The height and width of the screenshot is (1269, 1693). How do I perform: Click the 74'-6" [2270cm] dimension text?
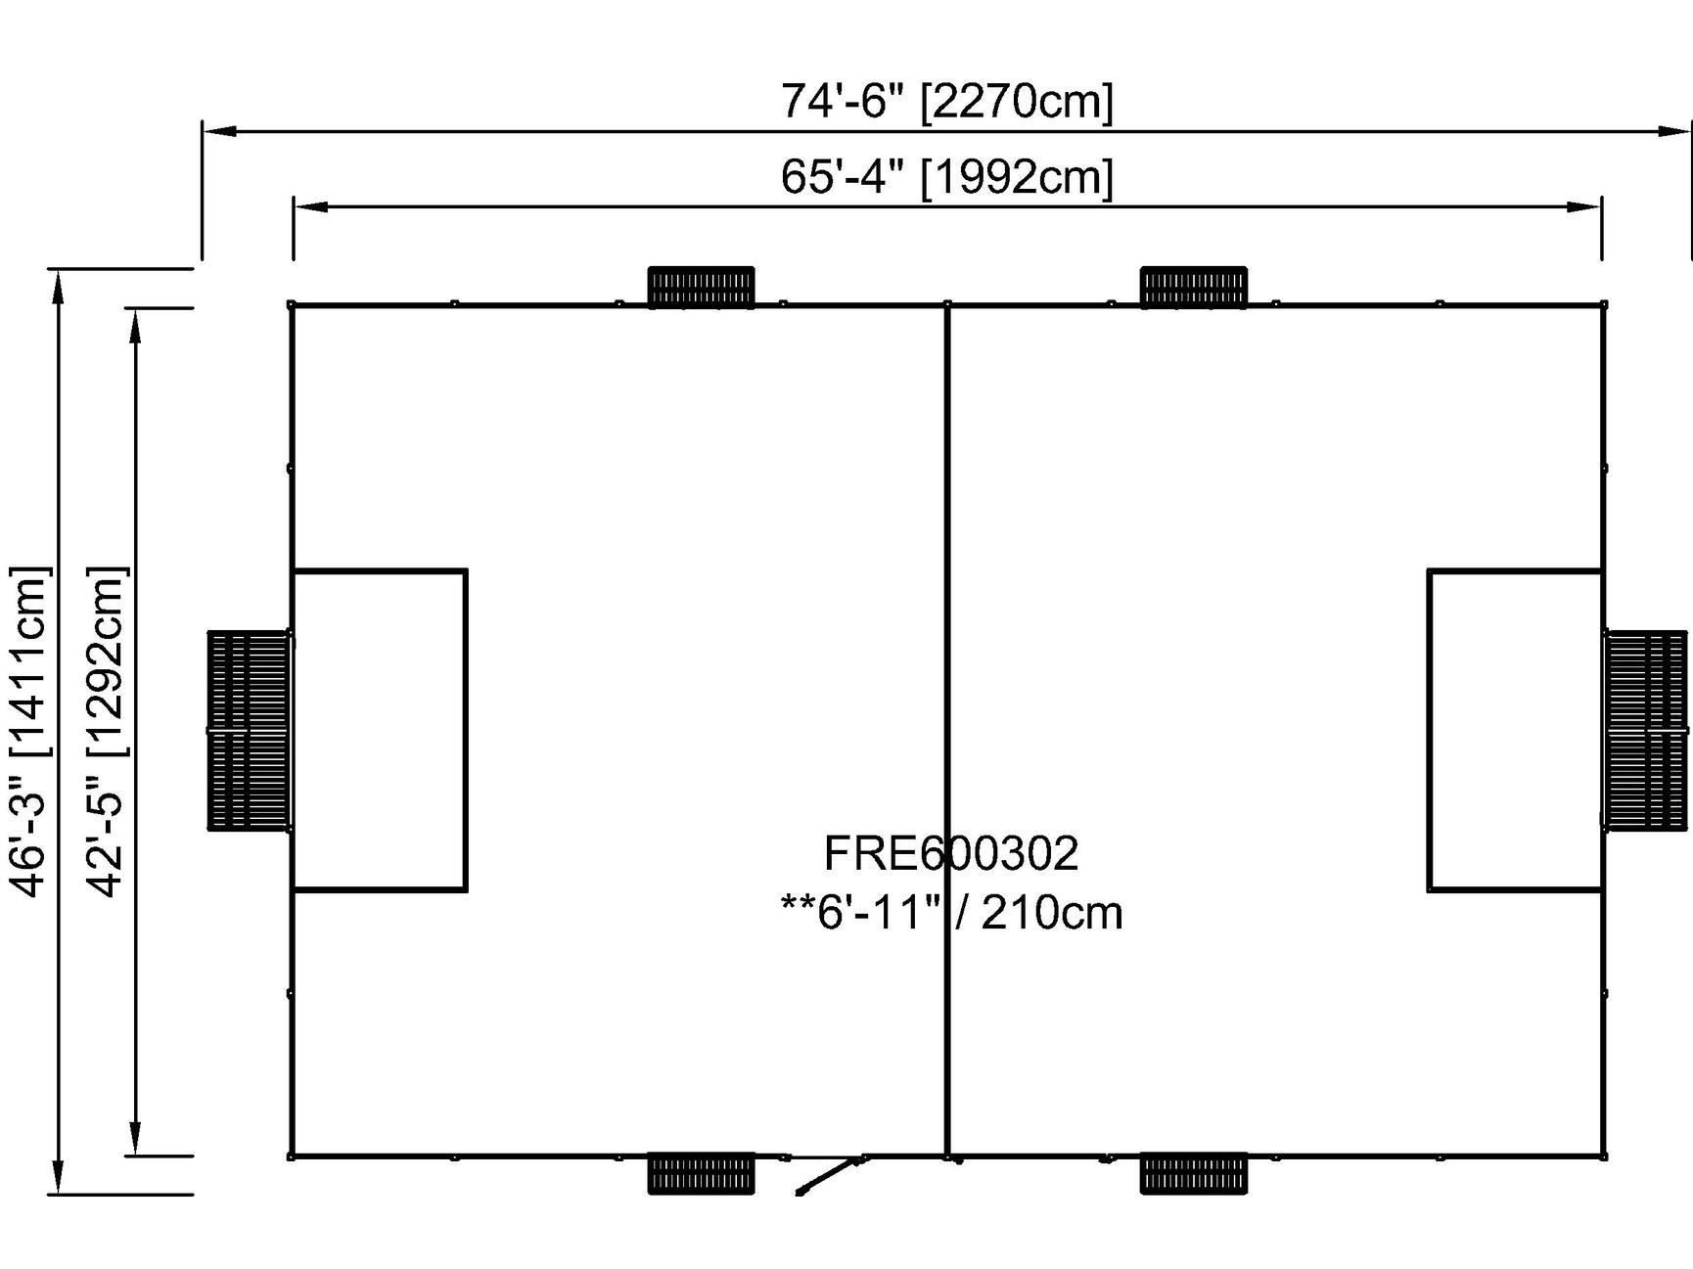click(946, 101)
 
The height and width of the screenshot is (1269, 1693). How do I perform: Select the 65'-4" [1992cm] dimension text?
click(946, 177)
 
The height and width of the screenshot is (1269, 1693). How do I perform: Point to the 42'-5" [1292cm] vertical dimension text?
click(107, 731)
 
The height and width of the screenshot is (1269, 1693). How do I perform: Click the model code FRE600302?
click(951, 853)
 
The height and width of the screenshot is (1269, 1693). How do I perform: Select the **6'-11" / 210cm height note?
click(951, 913)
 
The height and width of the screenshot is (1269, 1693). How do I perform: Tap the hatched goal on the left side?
click(249, 731)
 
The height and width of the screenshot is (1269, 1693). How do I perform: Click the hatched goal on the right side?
click(1647, 731)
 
